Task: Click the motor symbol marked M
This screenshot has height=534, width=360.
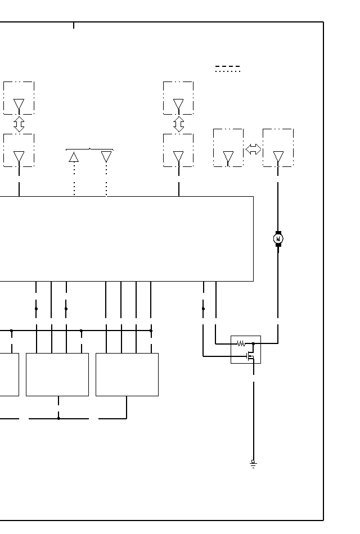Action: [278, 239]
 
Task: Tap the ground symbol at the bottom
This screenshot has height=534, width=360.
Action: [253, 464]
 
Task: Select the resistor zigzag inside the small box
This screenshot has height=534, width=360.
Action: [241, 343]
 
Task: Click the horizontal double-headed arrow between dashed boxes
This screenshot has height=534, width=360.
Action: [253, 150]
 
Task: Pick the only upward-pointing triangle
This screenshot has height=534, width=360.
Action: [74, 157]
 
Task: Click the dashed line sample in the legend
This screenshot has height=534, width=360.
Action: [227, 66]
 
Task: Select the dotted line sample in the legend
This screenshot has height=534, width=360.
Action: [227, 71]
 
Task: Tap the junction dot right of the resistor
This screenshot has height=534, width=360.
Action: [253, 343]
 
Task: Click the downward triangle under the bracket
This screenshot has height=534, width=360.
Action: [106, 157]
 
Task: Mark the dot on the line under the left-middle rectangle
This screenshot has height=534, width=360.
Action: [58, 418]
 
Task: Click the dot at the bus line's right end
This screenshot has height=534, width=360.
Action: [151, 331]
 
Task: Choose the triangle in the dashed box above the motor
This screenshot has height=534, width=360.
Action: [278, 157]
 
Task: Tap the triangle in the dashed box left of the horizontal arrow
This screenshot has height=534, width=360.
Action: [228, 157]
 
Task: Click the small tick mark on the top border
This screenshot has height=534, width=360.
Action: [74, 25]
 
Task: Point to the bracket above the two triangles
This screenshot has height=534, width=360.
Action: [89, 150]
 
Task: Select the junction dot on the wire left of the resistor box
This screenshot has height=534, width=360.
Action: [203, 309]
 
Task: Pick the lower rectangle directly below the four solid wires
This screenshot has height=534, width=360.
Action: [127, 374]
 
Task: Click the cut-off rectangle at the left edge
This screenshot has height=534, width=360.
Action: [9, 374]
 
